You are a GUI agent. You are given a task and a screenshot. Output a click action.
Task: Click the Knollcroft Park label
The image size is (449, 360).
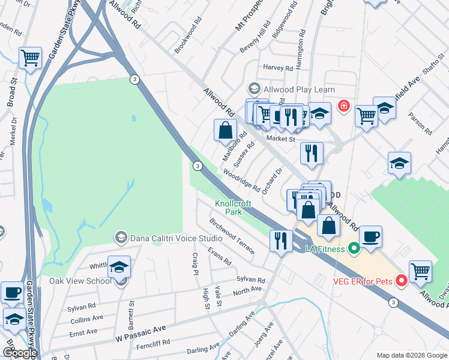pos(234,208)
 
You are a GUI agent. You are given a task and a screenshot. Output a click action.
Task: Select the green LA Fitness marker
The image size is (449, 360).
pos(354,247)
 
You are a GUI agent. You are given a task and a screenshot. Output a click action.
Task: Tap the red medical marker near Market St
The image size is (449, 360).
pos(343,106)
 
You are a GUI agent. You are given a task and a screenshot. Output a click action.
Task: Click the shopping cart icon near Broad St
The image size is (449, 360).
pos(30,58)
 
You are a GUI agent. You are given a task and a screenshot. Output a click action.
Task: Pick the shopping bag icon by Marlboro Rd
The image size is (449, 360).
pos(226,130)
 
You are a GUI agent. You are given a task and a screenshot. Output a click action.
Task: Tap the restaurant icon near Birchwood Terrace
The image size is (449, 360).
pos(281,241)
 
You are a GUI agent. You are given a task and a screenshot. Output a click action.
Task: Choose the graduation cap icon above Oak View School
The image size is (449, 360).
pos(119,266)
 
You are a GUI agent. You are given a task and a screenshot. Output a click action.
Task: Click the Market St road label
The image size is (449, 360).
pos(282,139)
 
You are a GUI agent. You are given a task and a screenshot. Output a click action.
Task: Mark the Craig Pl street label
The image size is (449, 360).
pos(195,263)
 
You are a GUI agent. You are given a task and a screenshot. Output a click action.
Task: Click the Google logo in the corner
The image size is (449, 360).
pos(19,353)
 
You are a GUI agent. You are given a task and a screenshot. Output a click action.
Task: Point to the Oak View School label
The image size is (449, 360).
pos(80,281)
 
